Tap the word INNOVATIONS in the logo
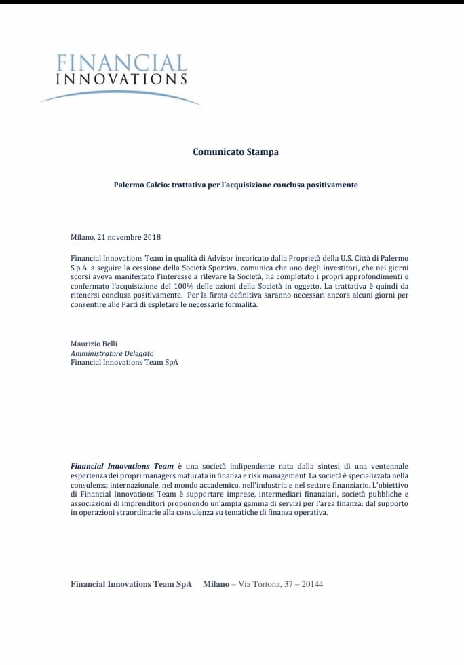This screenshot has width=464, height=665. [122, 79]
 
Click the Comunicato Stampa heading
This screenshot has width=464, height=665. [235, 152]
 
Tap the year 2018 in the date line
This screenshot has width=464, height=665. [151, 237]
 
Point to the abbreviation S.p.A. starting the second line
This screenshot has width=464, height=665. [81, 268]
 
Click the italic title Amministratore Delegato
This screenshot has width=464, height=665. [112, 353]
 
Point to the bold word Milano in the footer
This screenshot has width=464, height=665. [216, 584]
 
